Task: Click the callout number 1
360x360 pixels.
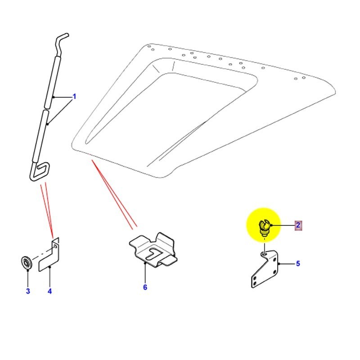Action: point(75,96)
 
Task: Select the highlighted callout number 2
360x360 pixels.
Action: point(298,225)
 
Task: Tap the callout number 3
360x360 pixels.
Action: point(27,291)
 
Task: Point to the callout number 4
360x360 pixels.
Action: point(49,291)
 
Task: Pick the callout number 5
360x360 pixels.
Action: point(297,264)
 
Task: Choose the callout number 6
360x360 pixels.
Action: point(145,287)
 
